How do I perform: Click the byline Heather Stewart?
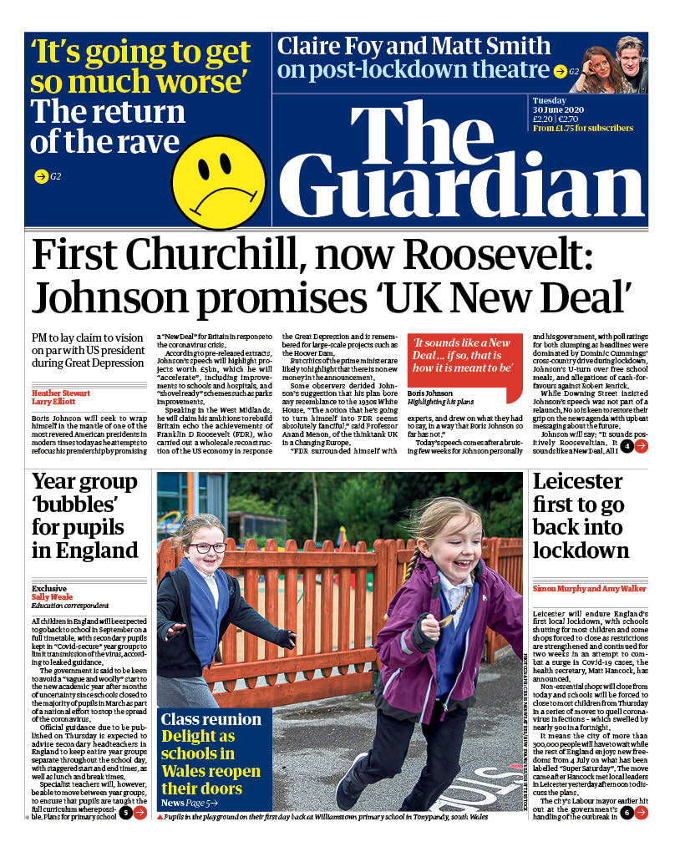point(60,392)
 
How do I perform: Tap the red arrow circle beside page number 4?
point(641,446)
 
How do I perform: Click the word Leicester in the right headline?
point(577,482)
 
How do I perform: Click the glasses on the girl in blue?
point(206,548)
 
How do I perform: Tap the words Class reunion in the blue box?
point(200,719)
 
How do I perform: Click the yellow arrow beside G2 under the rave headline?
point(39,176)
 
